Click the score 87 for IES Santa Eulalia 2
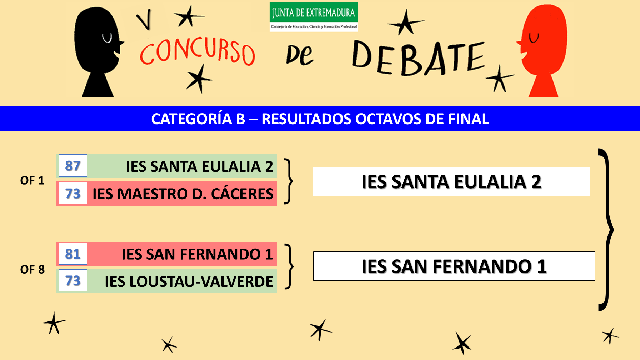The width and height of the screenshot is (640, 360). pos(73,166)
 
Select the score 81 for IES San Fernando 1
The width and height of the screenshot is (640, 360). pos(73,254)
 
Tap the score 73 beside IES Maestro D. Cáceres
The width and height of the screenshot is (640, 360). pos(73,193)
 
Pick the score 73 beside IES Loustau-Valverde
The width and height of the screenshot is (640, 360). pos(73,281)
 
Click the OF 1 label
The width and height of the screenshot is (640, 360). pos(32,180)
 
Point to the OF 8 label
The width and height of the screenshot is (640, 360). pos(32,269)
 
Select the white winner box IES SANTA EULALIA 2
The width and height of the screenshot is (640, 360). pos(451,181)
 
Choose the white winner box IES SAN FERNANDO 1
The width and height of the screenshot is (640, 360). pos(454,266)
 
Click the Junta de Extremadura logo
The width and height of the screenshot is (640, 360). pos(314,17)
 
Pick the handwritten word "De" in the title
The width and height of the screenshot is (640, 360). pos(299,55)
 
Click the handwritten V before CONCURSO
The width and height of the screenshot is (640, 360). pos(145,20)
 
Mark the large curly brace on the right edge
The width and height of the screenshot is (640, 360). pos(606,230)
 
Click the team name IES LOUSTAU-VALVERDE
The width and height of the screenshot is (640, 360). pos(189,281)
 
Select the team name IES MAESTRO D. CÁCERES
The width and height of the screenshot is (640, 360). pos(183,194)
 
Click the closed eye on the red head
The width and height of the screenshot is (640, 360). pos(534,37)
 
